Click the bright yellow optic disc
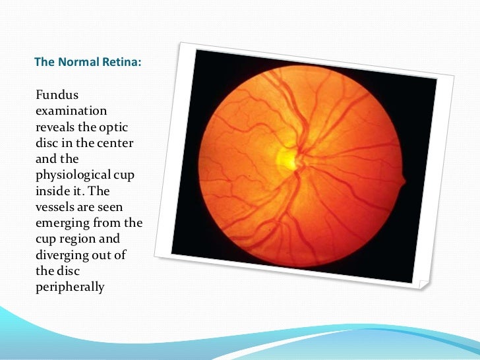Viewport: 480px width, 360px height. click(x=287, y=158)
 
